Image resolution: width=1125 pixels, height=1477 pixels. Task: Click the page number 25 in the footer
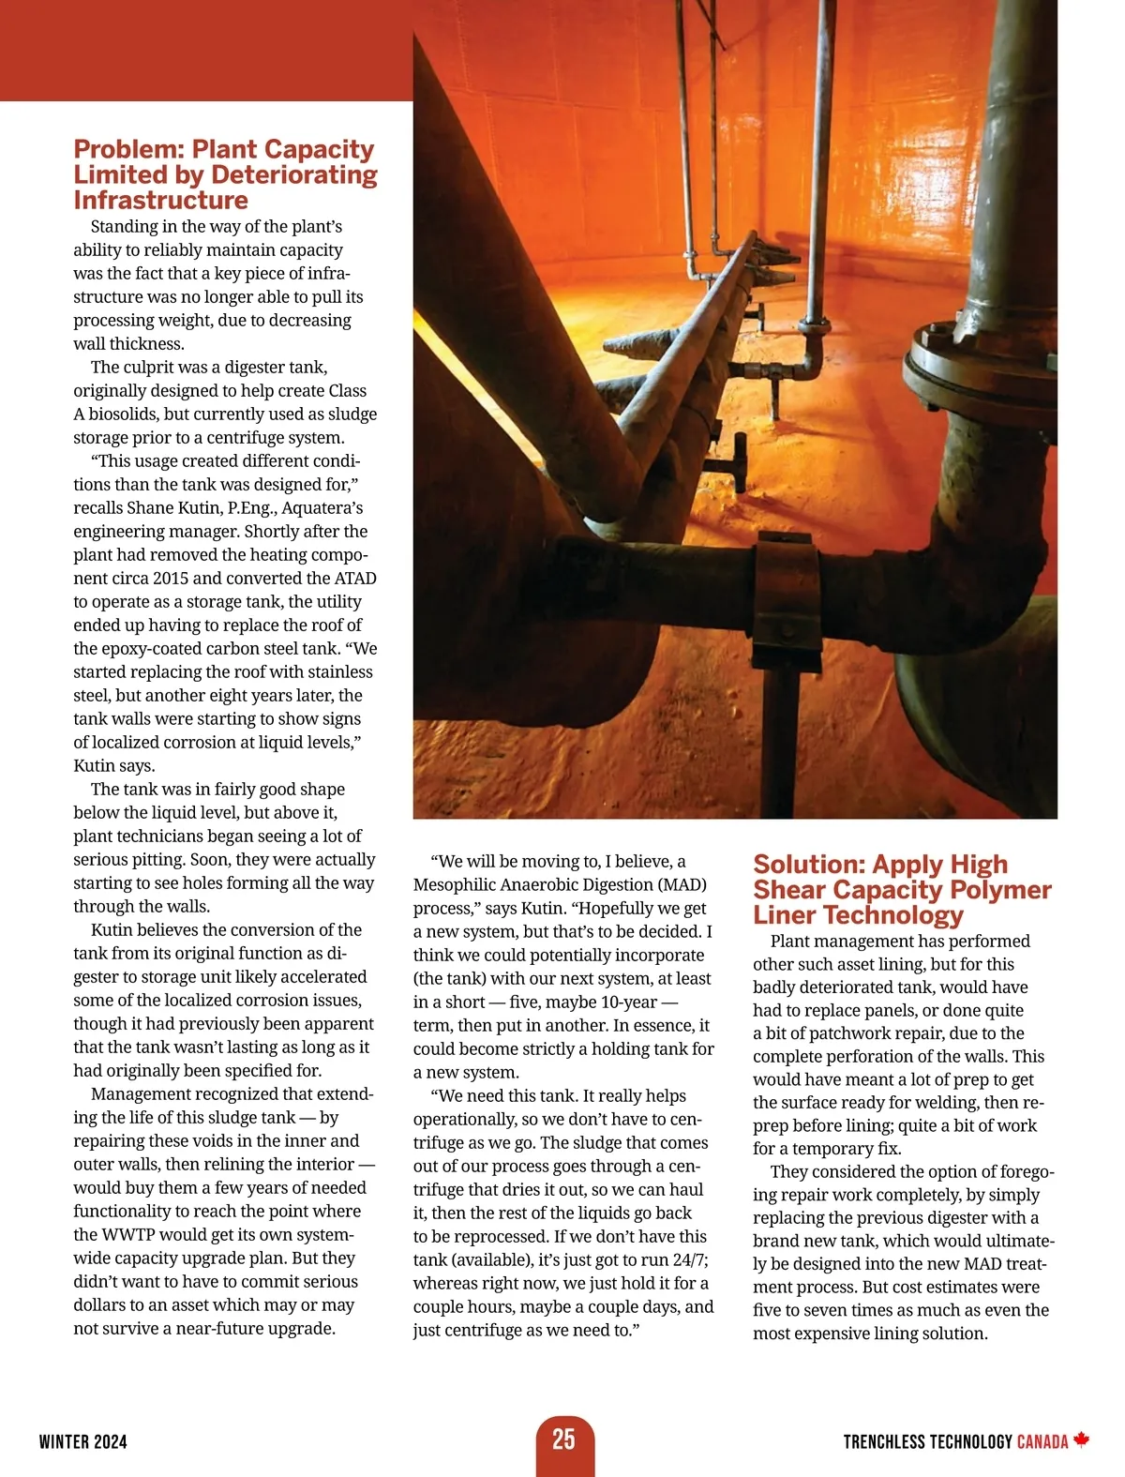pos(563,1439)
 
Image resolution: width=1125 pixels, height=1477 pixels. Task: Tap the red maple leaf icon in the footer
pos(1082,1439)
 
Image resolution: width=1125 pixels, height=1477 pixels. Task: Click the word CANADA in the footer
pos(1042,1442)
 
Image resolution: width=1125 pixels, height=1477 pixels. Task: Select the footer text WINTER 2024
pos(83,1442)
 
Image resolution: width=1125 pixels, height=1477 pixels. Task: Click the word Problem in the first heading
pos(128,149)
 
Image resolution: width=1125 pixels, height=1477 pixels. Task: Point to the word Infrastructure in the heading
pos(160,201)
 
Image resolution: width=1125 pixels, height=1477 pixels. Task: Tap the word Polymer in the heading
pos(1000,890)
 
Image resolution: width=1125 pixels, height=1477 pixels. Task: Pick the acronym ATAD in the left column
pos(355,579)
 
